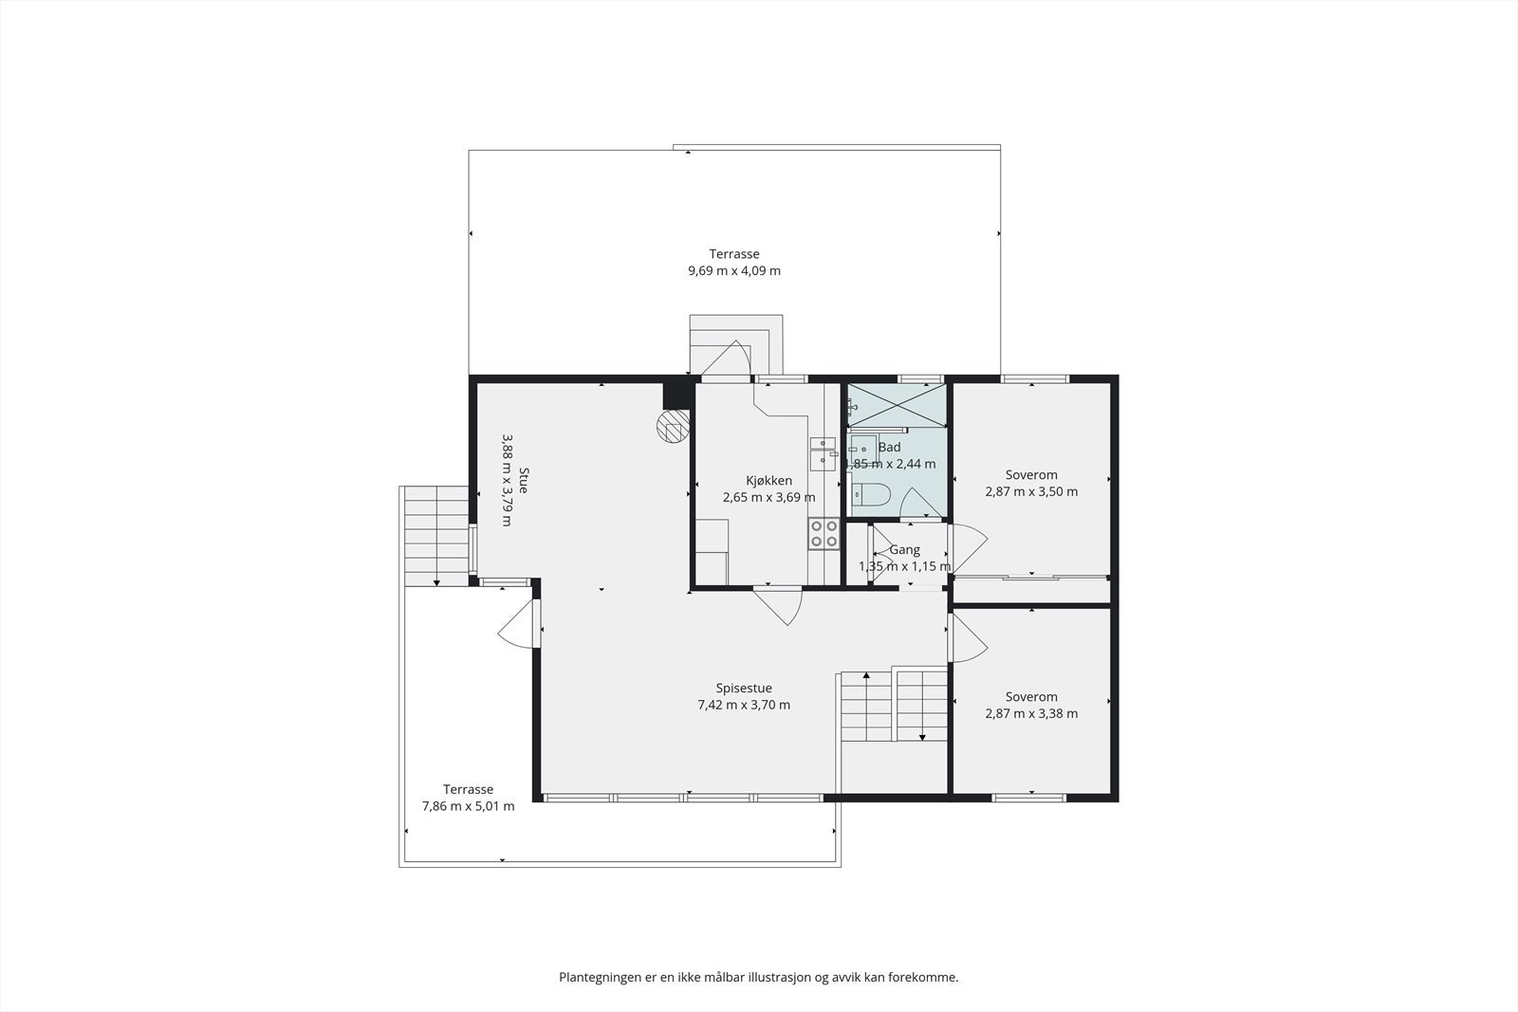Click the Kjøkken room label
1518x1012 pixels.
pos(768,481)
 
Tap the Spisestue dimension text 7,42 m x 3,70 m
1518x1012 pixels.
pos(744,705)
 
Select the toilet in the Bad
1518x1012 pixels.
pos(870,495)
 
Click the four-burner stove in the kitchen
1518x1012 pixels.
pos(824,534)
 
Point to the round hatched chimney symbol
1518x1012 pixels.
pos(673,427)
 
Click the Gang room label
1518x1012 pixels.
pos(905,550)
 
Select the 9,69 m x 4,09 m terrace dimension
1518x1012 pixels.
pos(734,271)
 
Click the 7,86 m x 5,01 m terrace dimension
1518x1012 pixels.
pos(469,807)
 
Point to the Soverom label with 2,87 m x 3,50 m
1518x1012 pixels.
pos(1031,475)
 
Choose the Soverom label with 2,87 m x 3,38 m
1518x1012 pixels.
pos(1031,697)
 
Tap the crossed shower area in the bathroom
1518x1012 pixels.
pos(897,405)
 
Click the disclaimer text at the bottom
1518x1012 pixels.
pos(759,978)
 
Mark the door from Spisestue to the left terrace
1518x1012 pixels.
pos(519,624)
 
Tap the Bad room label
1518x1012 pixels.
pos(889,447)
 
